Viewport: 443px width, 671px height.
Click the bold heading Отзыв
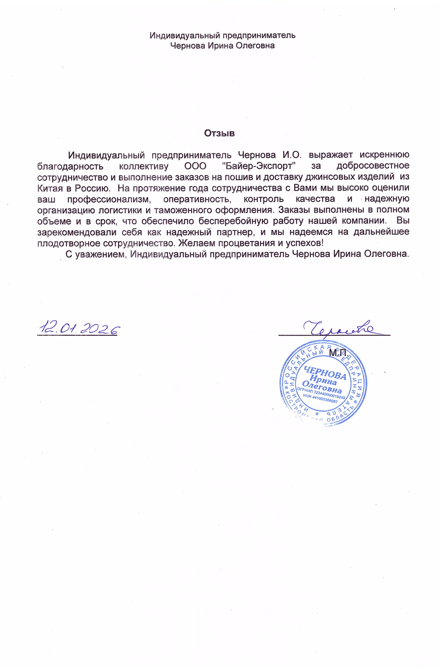pos(219,133)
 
